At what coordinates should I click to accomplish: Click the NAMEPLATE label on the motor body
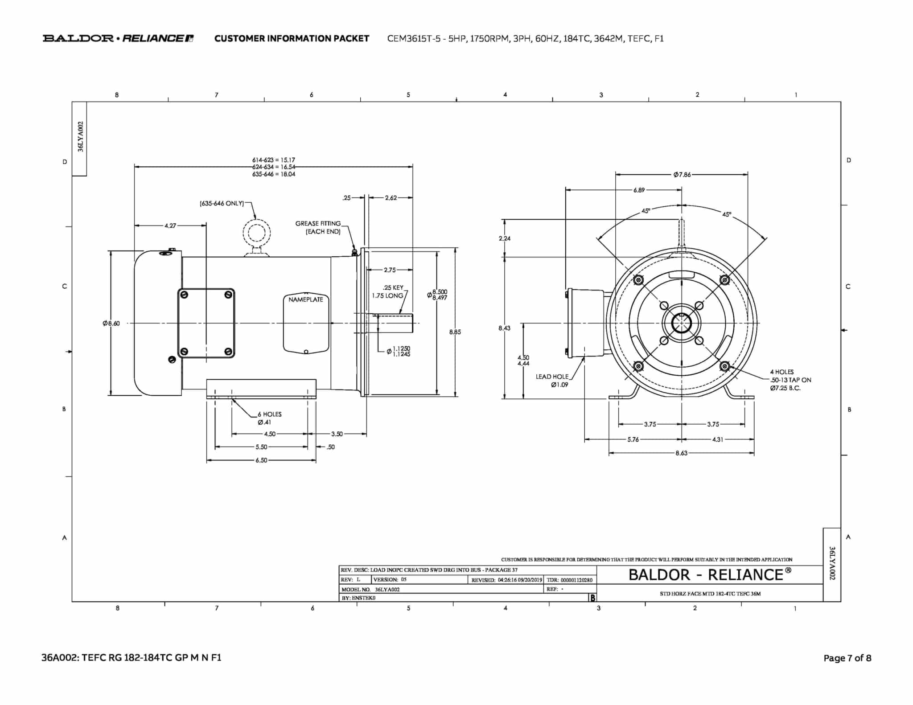point(306,299)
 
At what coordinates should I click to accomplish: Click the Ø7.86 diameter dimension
point(682,175)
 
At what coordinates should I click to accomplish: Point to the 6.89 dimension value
point(639,190)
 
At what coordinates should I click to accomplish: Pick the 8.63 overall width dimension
point(682,453)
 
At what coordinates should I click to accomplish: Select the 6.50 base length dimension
point(261,460)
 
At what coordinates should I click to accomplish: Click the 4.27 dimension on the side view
point(170,225)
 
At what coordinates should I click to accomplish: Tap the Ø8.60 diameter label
point(111,323)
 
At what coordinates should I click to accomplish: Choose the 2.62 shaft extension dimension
point(391,197)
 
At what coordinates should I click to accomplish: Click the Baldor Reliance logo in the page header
point(118,38)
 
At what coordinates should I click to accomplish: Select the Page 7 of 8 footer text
point(847,658)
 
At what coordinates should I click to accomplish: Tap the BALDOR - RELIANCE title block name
point(710,574)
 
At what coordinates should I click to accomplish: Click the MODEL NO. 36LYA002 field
point(371,589)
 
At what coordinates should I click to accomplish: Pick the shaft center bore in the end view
point(682,323)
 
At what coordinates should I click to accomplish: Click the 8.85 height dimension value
point(455,332)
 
